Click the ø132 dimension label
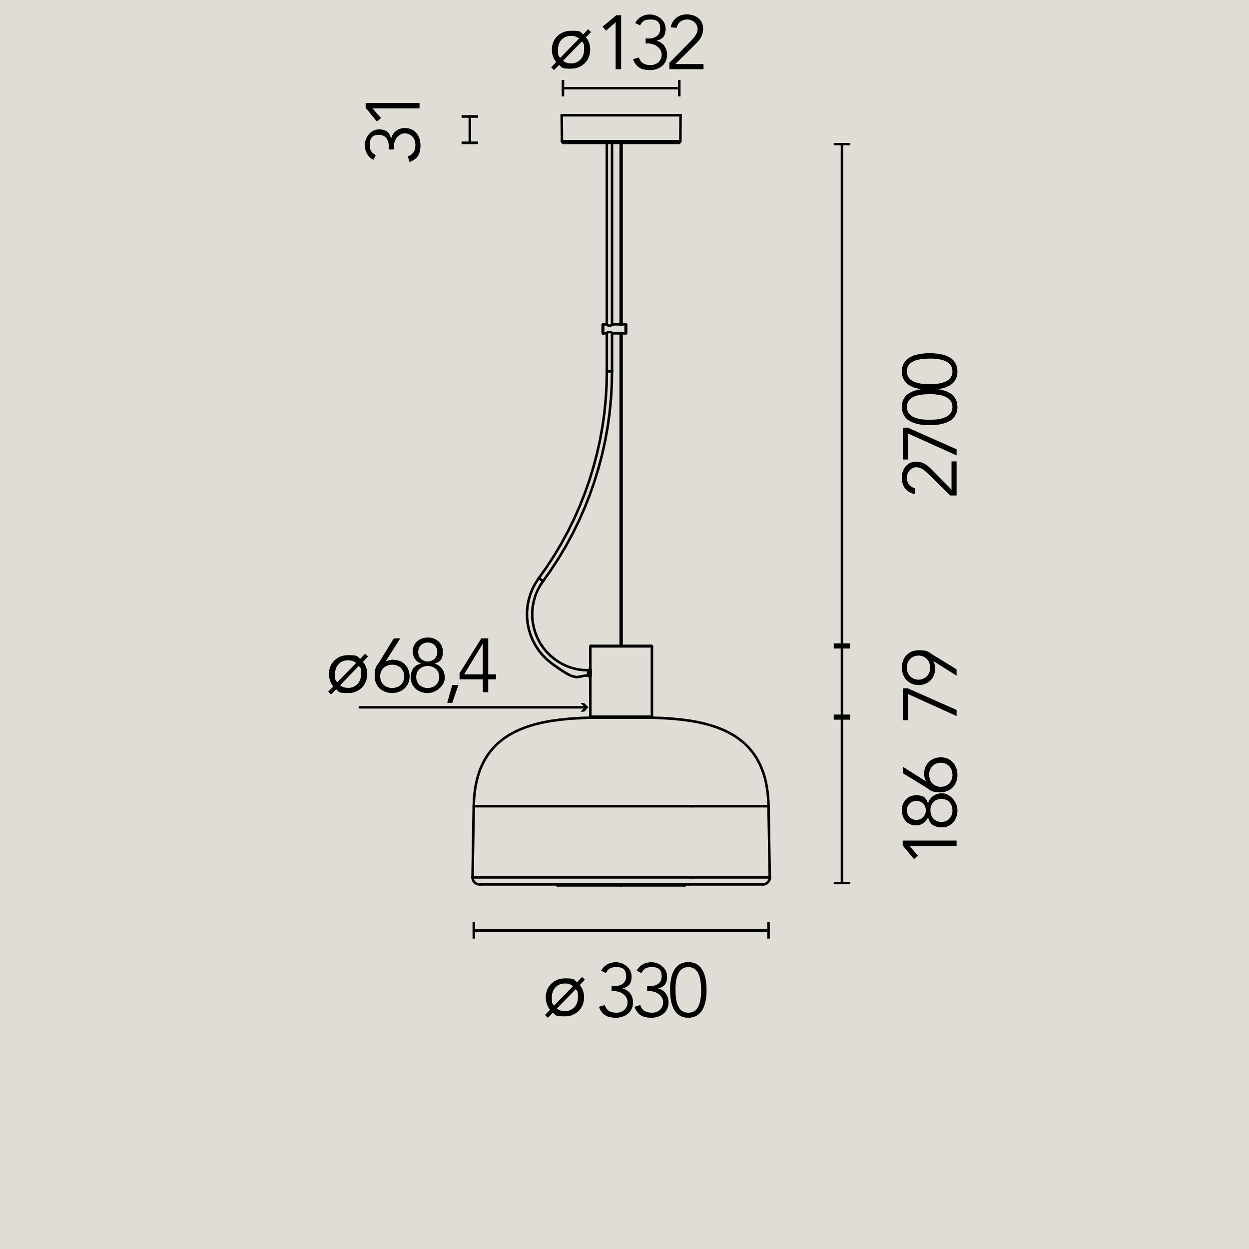627,42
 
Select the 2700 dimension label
929,424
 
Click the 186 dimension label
929,807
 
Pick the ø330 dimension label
626,990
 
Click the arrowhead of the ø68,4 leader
585,707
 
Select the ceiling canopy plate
621,129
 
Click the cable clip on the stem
614,328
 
